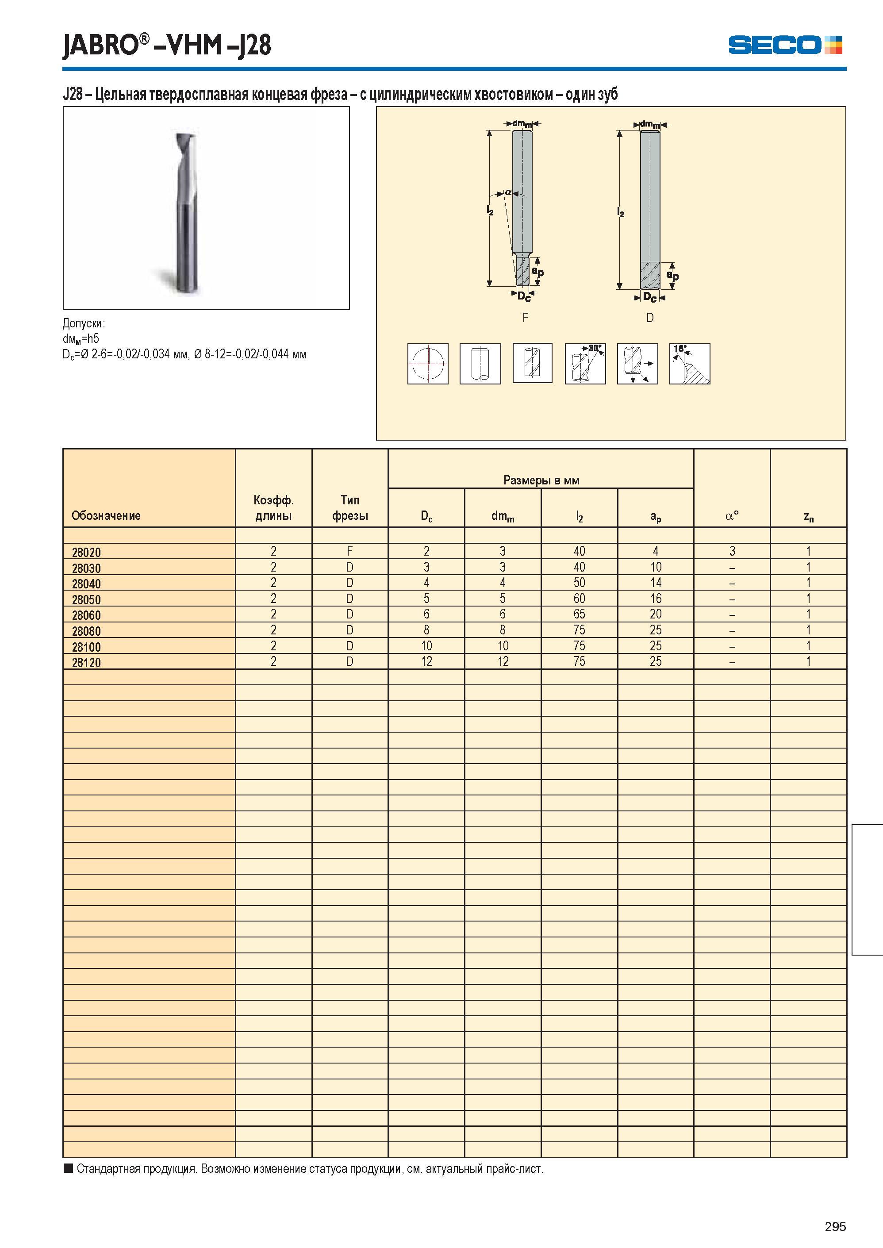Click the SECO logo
[x=785, y=45]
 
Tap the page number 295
[x=835, y=1226]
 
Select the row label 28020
[x=86, y=553]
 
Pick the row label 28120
[x=86, y=663]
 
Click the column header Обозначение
[x=106, y=515]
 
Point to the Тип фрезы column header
[x=349, y=507]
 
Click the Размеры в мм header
[x=541, y=480]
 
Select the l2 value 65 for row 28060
[x=579, y=614]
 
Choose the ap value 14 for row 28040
[x=656, y=582]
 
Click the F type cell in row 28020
[x=349, y=551]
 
